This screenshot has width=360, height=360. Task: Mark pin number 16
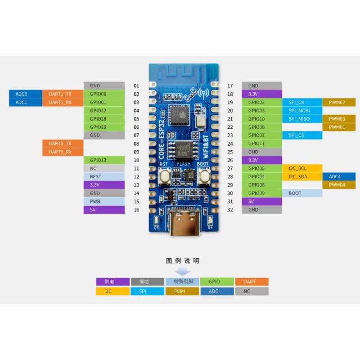136,210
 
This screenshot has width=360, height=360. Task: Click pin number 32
230,210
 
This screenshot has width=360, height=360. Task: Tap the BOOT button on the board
204,177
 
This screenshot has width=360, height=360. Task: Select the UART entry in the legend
251,282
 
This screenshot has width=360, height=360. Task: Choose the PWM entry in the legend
182,291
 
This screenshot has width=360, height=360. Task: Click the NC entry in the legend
251,291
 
